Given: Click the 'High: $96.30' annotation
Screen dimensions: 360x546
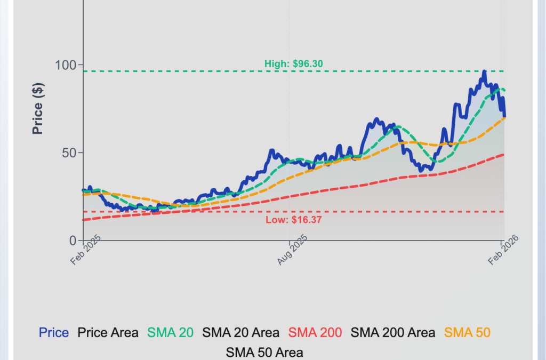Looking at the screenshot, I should [x=294, y=64].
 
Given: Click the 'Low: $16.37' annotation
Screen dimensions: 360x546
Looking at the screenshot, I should [x=293, y=219].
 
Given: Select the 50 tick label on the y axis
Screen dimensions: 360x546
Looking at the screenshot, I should [x=70, y=153].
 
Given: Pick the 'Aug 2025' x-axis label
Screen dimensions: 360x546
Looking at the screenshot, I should [x=293, y=250].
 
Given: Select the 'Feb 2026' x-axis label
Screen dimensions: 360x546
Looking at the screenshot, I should [x=504, y=250].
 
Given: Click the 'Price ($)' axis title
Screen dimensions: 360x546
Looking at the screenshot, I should [x=37, y=109].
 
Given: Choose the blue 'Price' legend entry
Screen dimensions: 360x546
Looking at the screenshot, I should [x=54, y=333].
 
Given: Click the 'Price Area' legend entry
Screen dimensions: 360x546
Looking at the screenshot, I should [x=108, y=333].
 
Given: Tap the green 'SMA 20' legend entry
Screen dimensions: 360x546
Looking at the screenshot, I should [x=171, y=333].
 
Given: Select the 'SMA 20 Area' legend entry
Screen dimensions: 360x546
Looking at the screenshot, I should [x=241, y=333].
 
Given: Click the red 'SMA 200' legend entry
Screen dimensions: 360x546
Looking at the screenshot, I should [x=315, y=333].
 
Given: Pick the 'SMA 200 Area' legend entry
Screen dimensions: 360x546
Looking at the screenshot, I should [x=392, y=333].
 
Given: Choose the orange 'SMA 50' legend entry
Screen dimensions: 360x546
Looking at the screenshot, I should [x=467, y=333].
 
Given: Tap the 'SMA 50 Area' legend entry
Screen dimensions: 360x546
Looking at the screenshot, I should [x=265, y=353].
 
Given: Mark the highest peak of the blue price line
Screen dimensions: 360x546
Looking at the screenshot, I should [x=484, y=71].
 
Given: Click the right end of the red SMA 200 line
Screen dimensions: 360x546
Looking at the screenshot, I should [x=504, y=155].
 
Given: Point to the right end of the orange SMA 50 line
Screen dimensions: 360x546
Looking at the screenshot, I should [x=504, y=118].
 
